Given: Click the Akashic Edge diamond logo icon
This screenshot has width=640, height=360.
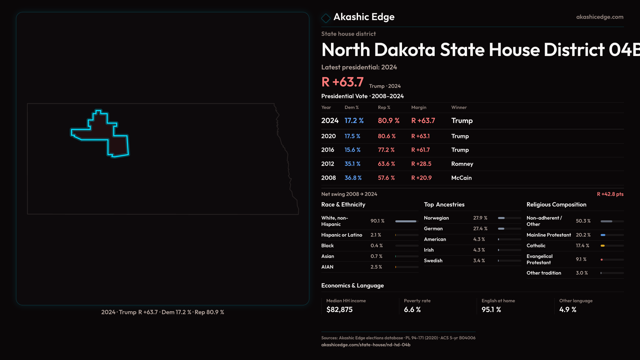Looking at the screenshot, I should pyautogui.click(x=326, y=18).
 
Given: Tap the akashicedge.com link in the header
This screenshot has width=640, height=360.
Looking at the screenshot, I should pyautogui.click(x=600, y=17).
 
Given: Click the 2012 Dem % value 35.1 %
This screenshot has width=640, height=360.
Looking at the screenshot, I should pyautogui.click(x=352, y=164).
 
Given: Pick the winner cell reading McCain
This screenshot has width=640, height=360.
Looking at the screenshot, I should pyautogui.click(x=461, y=178).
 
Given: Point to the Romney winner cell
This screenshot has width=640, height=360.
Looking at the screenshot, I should pyautogui.click(x=462, y=164).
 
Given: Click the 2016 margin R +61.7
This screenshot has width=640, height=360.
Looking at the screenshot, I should pyautogui.click(x=420, y=150).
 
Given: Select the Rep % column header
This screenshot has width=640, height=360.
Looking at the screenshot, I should pyautogui.click(x=384, y=107).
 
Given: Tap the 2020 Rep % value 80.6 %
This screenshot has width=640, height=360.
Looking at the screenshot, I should pyautogui.click(x=387, y=136).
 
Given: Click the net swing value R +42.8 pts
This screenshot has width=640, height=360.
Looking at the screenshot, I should pyautogui.click(x=610, y=194).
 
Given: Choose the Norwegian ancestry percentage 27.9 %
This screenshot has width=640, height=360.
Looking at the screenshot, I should pyautogui.click(x=480, y=218).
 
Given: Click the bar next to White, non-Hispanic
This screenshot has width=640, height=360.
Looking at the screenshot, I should pyautogui.click(x=406, y=221).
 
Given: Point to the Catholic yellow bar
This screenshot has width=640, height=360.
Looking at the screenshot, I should pyautogui.click(x=603, y=246).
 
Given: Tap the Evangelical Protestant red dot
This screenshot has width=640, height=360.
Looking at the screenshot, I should pyautogui.click(x=602, y=260).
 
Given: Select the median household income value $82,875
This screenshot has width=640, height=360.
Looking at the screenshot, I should pyautogui.click(x=339, y=310).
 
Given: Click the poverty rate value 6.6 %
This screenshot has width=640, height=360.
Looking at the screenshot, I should pyautogui.click(x=412, y=310).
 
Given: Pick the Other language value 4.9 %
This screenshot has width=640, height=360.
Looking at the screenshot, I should pyautogui.click(x=568, y=310).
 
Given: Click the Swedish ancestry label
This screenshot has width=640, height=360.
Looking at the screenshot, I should pyautogui.click(x=433, y=261).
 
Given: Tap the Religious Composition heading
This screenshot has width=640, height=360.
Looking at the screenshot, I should pyautogui.click(x=556, y=205).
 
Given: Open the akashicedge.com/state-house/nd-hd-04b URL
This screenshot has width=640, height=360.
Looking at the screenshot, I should pyautogui.click(x=366, y=345).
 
